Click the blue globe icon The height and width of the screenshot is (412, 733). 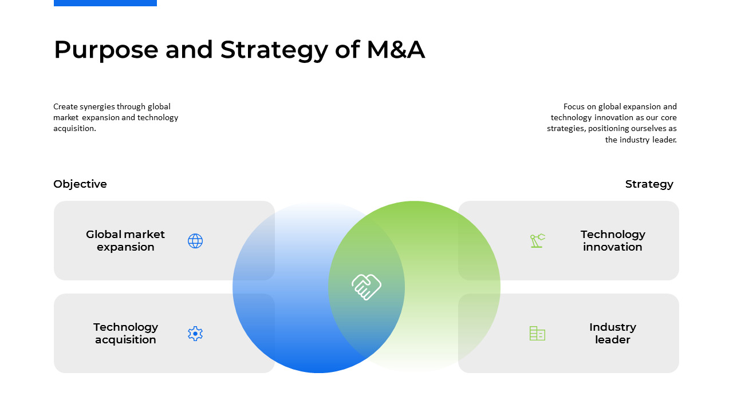click(195, 241)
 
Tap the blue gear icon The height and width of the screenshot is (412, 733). click(195, 334)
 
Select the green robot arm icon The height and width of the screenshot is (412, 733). click(537, 241)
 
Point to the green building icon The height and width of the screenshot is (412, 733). click(537, 334)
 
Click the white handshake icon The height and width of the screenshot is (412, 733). click(366, 287)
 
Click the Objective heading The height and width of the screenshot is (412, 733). click(80, 184)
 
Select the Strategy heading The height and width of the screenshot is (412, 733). click(649, 184)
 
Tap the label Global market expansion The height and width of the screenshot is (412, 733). click(125, 241)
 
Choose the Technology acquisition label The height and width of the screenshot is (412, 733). click(125, 333)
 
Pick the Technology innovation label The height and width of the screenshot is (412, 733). click(613, 241)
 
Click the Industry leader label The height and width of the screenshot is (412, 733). click(613, 333)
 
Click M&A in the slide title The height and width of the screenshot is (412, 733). click(396, 49)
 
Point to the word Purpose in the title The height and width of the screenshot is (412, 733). click(106, 50)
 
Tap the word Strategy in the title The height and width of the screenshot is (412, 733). click(274, 50)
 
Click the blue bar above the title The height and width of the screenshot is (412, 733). click(105, 3)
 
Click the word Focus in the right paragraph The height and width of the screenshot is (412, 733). click(574, 106)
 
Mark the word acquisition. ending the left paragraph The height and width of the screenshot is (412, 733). click(74, 129)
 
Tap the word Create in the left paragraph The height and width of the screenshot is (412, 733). click(65, 106)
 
